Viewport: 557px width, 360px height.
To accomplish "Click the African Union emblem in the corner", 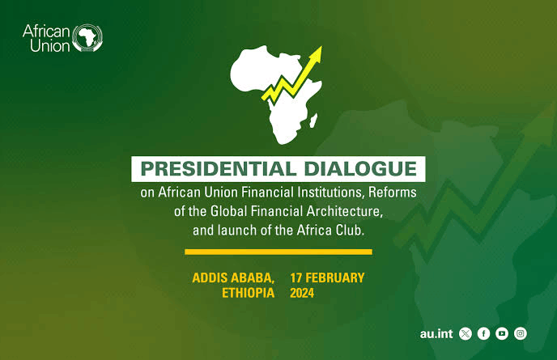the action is (87, 38).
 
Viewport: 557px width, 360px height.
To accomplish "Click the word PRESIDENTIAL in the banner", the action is (219, 168).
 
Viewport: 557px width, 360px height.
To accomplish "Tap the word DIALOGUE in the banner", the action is (360, 168).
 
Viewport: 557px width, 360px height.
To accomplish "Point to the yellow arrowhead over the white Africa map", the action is (316, 55).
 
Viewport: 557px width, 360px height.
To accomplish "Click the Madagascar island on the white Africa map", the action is (313, 121).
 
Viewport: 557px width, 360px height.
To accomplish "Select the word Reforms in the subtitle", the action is (392, 192).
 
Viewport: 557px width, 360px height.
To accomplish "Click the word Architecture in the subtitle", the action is (344, 211).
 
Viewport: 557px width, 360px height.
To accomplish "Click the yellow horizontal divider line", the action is (278, 252).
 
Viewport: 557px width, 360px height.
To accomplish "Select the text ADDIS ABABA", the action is (233, 277).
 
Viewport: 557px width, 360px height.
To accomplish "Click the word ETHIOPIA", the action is (248, 293).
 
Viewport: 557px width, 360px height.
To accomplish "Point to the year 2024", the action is (302, 293).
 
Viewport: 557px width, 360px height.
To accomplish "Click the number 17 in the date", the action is (296, 277).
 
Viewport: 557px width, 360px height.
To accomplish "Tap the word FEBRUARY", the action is (335, 277).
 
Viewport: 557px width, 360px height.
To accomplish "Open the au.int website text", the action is (436, 334).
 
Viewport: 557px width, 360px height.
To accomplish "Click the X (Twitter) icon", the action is (466, 334).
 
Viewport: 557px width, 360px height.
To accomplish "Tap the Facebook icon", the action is (483, 334).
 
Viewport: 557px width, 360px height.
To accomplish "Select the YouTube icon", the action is (502, 334).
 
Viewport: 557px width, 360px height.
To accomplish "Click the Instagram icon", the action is (521, 334).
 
